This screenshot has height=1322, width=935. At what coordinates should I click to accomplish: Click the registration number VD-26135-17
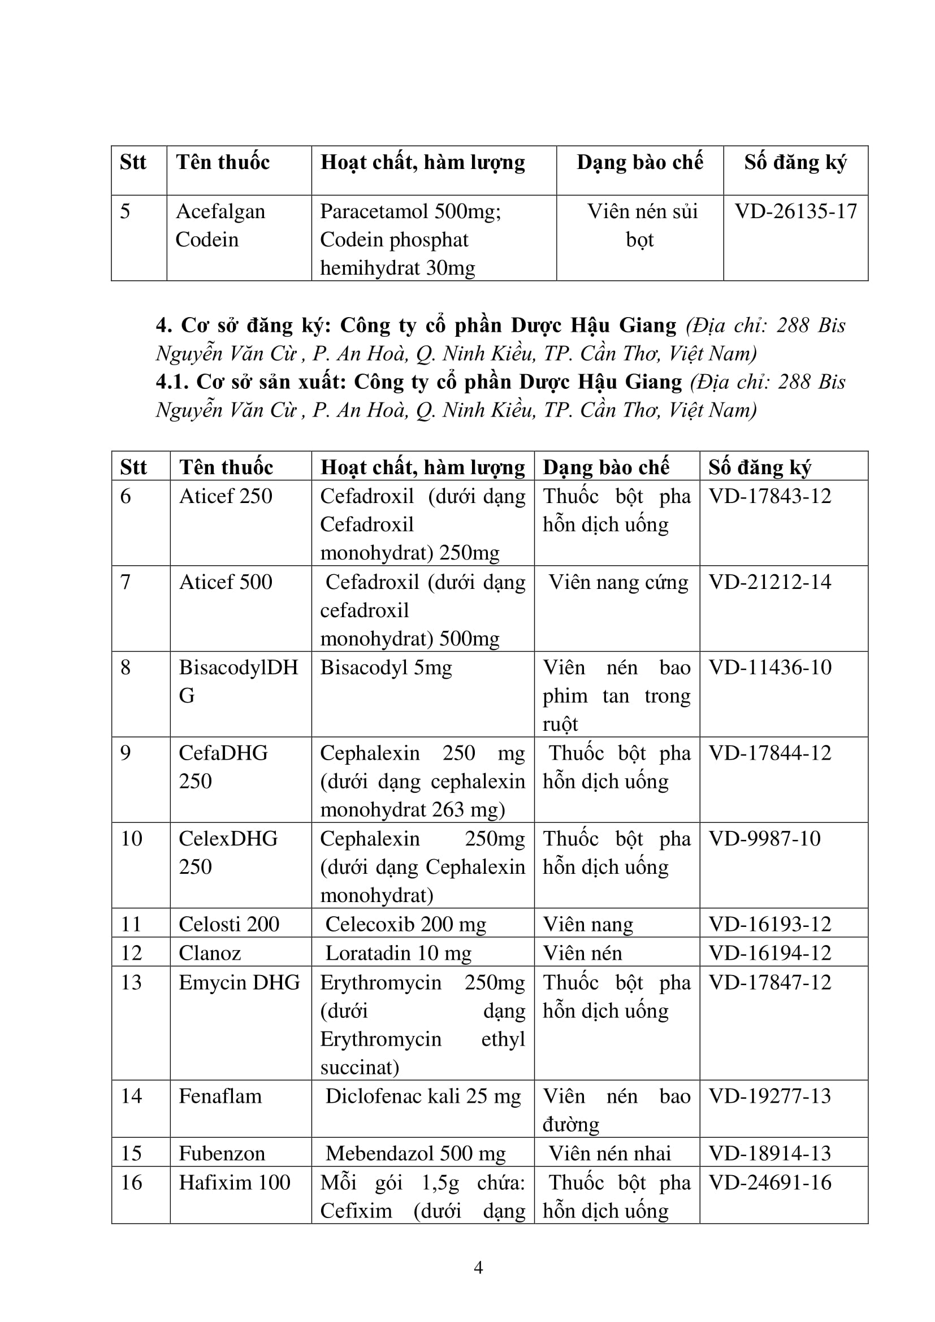coord(796,211)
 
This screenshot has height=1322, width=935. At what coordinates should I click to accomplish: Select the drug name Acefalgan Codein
coord(220,225)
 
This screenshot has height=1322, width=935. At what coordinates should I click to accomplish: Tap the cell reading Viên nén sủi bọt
coord(642,225)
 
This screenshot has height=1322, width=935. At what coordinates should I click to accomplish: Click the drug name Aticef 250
coord(225,496)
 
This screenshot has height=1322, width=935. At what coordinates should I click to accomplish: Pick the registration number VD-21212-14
coord(770,582)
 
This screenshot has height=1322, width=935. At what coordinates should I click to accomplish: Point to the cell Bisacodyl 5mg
coord(386,667)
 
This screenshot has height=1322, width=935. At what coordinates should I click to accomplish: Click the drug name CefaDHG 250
coord(223,766)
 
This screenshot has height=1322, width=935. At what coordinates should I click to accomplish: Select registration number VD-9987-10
coord(764,838)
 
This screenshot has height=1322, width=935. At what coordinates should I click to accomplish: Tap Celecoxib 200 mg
coord(405,924)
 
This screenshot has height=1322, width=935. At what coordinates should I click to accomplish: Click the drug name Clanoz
coord(210,953)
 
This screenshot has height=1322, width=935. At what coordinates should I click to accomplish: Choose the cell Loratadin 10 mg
coord(398,953)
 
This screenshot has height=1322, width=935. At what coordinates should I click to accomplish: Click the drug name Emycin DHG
coord(239,982)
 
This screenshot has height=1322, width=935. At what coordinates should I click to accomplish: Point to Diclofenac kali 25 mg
coord(423,1096)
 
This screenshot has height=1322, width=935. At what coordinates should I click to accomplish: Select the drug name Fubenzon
coord(222,1154)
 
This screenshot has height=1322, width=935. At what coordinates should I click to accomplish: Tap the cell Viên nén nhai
coord(609,1154)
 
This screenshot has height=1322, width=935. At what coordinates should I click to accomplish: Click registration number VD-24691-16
coord(770,1182)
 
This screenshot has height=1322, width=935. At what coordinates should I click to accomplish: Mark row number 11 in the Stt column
coord(131,924)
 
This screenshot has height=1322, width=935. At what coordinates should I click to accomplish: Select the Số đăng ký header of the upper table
coord(795,162)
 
